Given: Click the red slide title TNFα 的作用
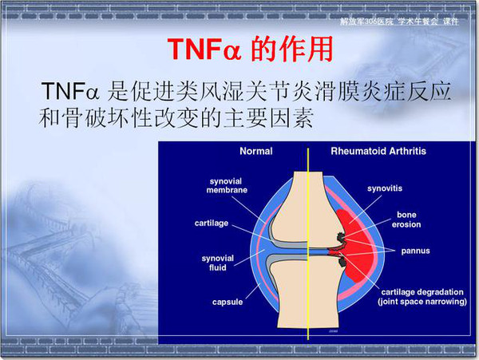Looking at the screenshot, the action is click(250, 49).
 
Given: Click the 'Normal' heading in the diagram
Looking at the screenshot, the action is click(256, 151).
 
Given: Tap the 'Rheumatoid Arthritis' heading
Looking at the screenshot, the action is click(378, 151).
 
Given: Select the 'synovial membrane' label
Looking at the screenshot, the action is click(227, 186).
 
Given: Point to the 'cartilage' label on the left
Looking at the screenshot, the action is click(212, 224).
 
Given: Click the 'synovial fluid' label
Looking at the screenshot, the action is click(217, 263).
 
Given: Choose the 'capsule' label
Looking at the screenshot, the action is click(228, 302).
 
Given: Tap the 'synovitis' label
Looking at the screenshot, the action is click(385, 188).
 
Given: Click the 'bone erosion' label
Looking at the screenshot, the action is click(406, 220).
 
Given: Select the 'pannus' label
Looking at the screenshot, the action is click(415, 251).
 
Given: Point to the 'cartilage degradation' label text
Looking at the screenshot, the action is click(422, 292).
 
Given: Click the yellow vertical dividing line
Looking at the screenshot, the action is click(308, 243).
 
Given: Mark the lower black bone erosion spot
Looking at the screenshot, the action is click(343, 261).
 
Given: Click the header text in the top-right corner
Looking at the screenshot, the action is click(400, 22).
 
